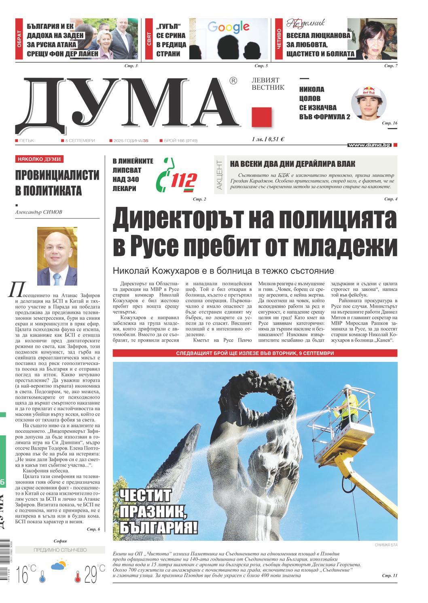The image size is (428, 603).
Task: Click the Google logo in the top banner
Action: [x=229, y=27]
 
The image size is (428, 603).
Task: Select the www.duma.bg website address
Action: [x=369, y=145]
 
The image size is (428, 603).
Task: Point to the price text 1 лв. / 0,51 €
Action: [x=267, y=139]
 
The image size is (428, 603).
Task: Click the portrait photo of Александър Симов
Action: [x=57, y=256]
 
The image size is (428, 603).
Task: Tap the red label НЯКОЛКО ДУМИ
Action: [x=39, y=159]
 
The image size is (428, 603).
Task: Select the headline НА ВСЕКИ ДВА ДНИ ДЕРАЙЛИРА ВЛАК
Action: [x=292, y=164]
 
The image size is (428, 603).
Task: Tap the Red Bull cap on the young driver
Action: [x=369, y=96]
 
